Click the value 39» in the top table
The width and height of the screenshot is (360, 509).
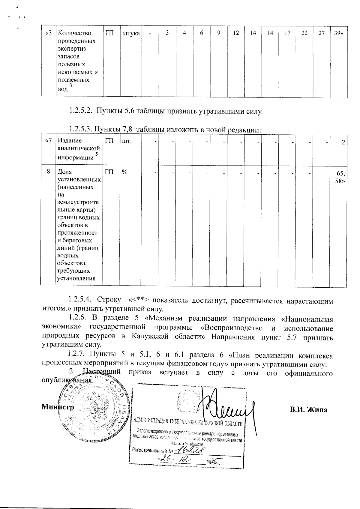[338, 33]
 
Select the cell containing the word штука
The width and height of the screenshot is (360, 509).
[131, 33]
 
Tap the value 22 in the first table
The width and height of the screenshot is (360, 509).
[304, 33]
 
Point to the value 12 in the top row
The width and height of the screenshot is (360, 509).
[236, 33]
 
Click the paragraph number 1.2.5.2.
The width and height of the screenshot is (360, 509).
[80, 112]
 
